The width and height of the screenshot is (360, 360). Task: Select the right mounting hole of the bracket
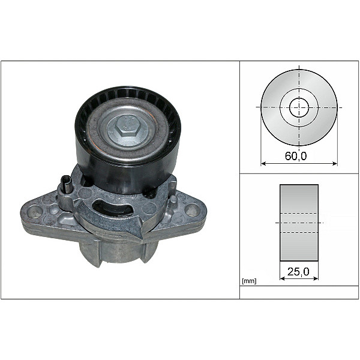[192, 210]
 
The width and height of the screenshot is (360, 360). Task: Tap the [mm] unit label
[248, 281]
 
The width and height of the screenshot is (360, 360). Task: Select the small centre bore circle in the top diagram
[299, 108]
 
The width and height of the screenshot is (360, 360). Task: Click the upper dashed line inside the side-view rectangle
[299, 214]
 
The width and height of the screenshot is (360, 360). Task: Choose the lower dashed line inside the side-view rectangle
[299, 232]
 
